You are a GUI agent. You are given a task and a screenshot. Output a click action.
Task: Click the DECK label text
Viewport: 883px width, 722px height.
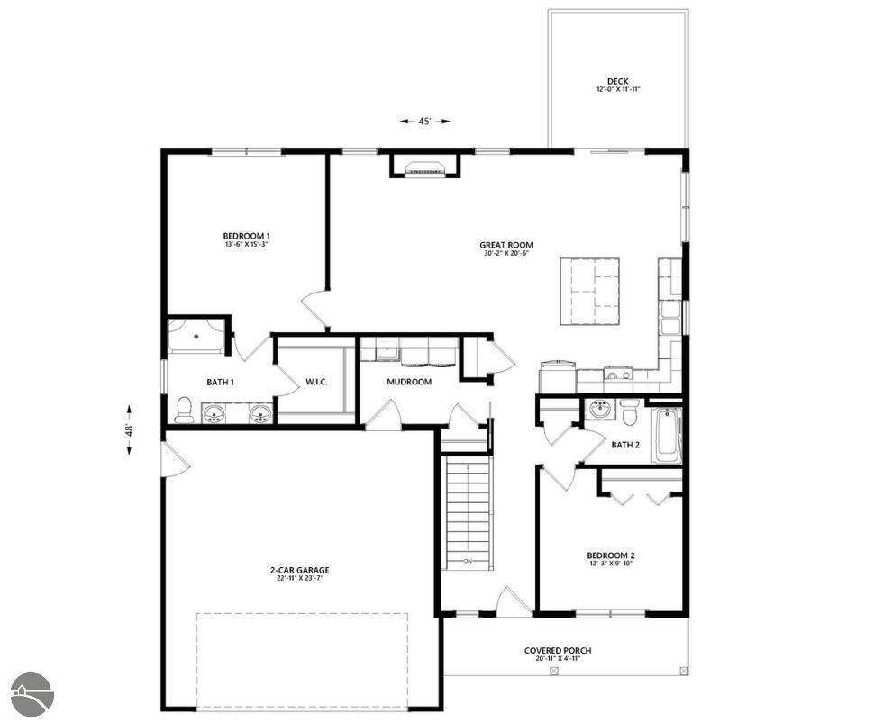(x=617, y=82)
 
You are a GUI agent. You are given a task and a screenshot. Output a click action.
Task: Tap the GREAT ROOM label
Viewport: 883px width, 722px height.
(x=505, y=245)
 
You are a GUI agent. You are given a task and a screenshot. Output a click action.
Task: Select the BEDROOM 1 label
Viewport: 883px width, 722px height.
(x=246, y=236)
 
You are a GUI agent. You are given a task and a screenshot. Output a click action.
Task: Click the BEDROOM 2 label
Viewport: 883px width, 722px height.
(x=611, y=555)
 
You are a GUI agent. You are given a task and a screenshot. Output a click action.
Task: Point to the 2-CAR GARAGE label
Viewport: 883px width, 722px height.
(x=299, y=570)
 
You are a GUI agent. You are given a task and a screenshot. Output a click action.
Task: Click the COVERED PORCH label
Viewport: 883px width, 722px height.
(x=558, y=651)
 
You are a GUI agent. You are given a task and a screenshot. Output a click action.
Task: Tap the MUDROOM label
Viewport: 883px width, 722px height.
(x=409, y=382)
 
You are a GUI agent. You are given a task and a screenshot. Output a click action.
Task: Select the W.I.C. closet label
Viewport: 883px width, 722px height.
(x=316, y=382)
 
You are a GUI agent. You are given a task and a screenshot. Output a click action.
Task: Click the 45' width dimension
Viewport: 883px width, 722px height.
(x=424, y=122)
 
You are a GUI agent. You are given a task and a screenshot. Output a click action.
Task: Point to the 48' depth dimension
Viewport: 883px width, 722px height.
(x=130, y=429)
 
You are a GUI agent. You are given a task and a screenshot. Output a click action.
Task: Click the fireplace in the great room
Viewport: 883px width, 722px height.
(x=424, y=167)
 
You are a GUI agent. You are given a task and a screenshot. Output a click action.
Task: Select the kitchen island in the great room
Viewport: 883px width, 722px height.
(x=589, y=291)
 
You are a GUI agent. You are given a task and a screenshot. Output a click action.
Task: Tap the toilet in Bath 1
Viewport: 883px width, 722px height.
(x=185, y=410)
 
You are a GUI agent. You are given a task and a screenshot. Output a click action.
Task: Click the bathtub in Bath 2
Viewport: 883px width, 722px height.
(x=667, y=435)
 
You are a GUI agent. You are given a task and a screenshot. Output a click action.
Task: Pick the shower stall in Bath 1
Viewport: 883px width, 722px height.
(x=196, y=336)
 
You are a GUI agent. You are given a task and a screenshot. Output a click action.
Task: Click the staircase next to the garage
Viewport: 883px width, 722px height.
(x=468, y=511)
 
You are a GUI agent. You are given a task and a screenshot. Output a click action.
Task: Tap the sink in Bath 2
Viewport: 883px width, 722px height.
(x=601, y=411)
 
